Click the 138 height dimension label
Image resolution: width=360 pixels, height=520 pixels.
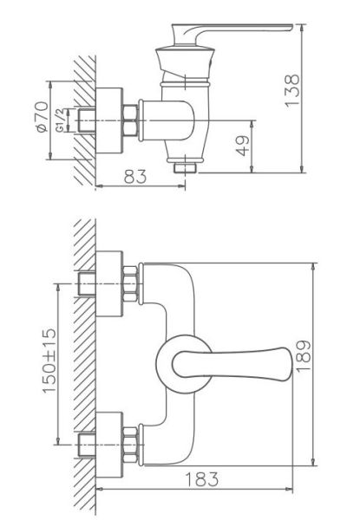coord(292,90)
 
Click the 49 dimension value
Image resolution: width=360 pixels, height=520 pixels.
coord(243,146)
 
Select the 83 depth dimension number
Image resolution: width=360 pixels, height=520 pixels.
coord(135,177)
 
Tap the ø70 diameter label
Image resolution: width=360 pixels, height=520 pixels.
coord(43,117)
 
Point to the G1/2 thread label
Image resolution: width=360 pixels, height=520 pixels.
coord(61,120)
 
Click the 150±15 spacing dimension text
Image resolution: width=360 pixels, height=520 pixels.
coord(49,361)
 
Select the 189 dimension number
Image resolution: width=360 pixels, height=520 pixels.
coord(303,357)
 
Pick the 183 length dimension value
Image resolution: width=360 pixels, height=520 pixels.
coord(202,479)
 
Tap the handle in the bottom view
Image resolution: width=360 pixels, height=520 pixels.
coord(232,364)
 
